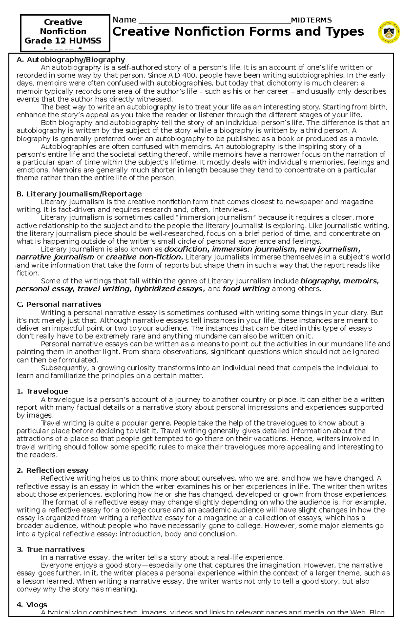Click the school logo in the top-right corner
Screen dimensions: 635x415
coord(389,31)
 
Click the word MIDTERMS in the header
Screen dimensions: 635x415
coord(311,20)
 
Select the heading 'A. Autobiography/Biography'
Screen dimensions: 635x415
coord(71,60)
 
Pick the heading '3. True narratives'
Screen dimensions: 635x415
coord(50,549)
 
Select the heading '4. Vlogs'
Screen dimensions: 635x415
coord(32,605)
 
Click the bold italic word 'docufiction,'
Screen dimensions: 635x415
coord(186,249)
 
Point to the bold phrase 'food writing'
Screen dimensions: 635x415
coord(246,289)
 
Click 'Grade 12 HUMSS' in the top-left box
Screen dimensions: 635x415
coord(63,40)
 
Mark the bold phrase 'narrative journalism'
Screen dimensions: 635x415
coord(55,257)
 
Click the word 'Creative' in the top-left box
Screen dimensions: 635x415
coord(63,22)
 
